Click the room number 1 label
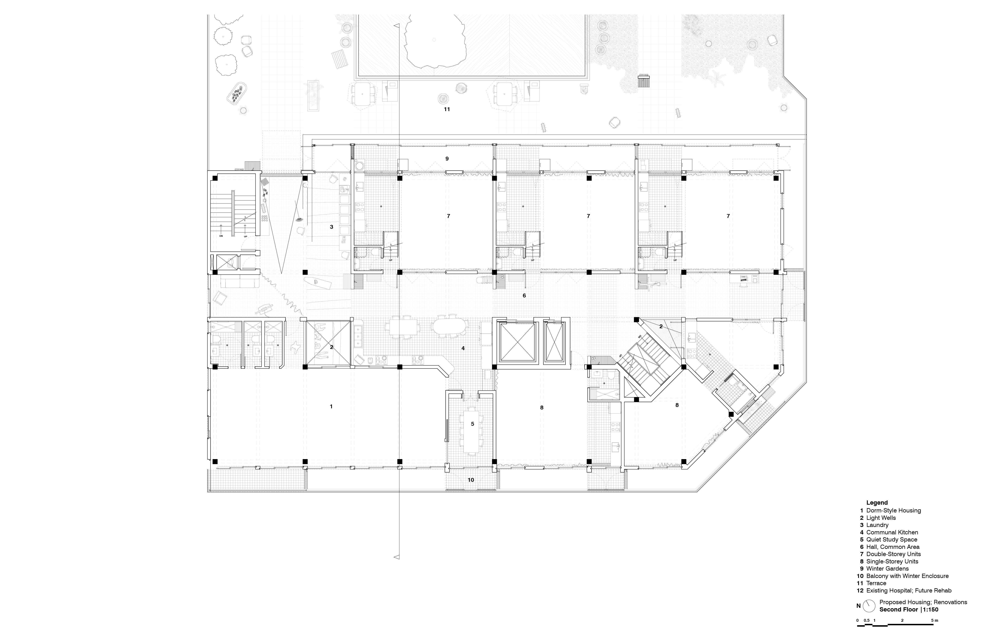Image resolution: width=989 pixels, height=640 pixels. (331, 406)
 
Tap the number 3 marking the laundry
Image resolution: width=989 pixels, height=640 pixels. (332, 227)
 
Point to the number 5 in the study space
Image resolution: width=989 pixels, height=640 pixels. (472, 424)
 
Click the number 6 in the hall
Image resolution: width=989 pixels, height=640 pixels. (524, 295)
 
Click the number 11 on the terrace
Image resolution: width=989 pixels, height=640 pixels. (447, 109)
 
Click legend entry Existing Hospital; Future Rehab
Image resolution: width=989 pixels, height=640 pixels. (909, 591)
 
